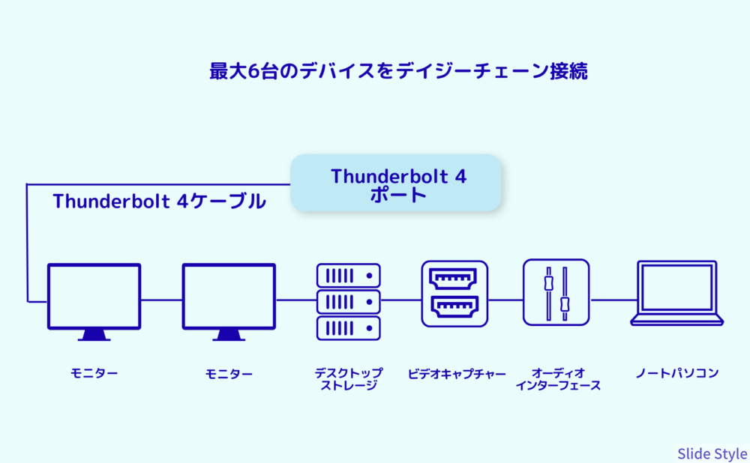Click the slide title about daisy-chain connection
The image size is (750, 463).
(x=398, y=71)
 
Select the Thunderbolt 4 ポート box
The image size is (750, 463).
(x=395, y=183)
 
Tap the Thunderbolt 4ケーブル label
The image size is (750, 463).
(x=159, y=202)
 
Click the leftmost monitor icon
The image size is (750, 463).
(x=94, y=301)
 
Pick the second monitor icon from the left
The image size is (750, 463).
(x=229, y=301)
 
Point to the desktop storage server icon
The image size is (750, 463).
(x=349, y=301)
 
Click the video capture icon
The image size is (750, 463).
(x=454, y=294)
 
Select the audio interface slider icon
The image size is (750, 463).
(x=556, y=292)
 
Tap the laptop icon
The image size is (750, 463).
(x=676, y=293)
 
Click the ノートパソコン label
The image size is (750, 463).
(x=676, y=373)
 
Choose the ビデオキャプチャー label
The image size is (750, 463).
(x=456, y=374)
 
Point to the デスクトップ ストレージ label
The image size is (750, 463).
(x=349, y=379)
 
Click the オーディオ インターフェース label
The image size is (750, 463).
(x=558, y=379)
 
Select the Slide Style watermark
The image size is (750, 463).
(x=712, y=453)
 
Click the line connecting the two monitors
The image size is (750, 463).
(x=162, y=300)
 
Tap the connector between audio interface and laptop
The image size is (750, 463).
(x=613, y=300)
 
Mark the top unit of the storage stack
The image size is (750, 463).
(x=349, y=276)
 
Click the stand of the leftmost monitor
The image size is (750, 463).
(x=94, y=335)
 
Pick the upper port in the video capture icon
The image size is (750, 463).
(x=453, y=279)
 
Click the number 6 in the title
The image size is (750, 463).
(x=253, y=71)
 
